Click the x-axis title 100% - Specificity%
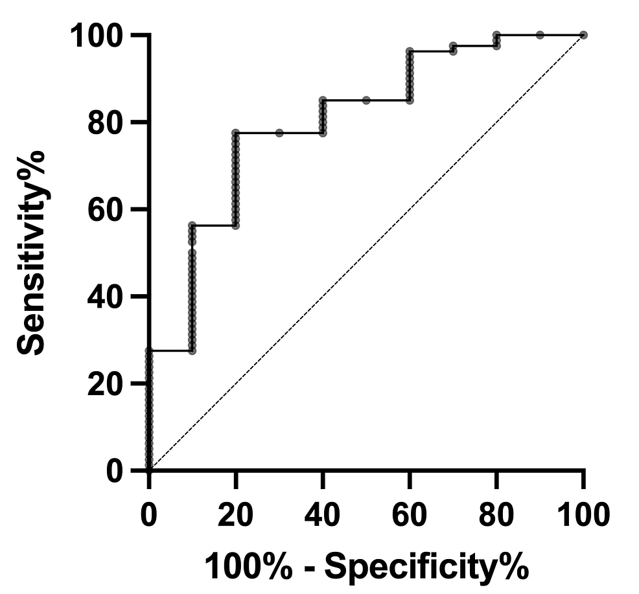pyautogui.click(x=366, y=566)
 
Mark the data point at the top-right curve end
pyautogui.click(x=583, y=34)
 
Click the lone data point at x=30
pyautogui.click(x=279, y=133)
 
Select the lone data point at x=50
pyautogui.click(x=366, y=100)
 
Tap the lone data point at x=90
pyautogui.click(x=540, y=34)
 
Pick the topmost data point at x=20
pyautogui.click(x=235, y=133)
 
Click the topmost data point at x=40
pyautogui.click(x=323, y=100)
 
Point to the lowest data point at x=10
pyautogui.click(x=192, y=350)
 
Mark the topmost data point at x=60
pyautogui.click(x=410, y=51)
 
